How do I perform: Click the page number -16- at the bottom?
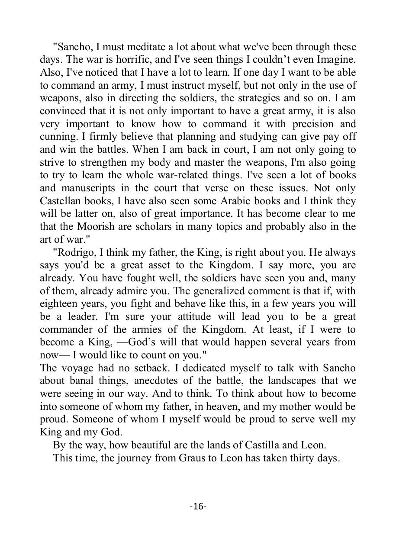click(198, 506)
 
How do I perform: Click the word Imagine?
click(336, 59)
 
